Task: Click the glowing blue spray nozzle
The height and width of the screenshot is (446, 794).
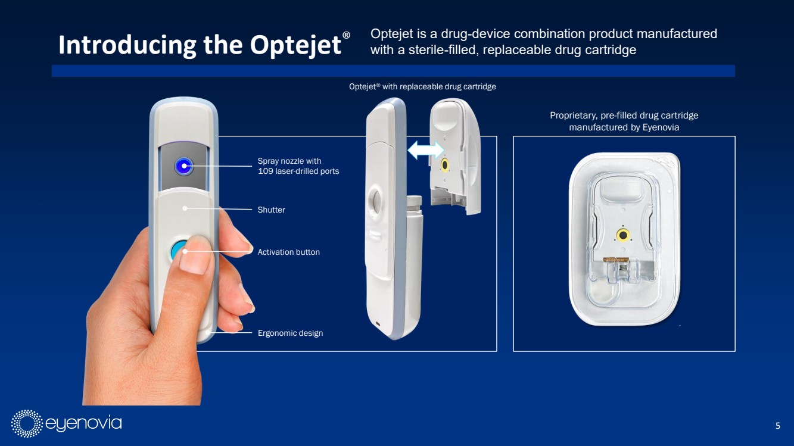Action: (183, 166)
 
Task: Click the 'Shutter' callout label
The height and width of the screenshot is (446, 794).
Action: (271, 210)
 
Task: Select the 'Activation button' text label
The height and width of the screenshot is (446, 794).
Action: (288, 252)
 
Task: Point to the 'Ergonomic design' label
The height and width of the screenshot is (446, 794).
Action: (290, 333)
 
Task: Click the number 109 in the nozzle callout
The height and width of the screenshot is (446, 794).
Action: (266, 171)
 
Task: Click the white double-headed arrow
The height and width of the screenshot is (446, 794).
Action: (425, 150)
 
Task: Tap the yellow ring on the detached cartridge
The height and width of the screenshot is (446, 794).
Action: (444, 165)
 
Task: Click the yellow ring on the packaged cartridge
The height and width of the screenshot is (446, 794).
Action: (622, 235)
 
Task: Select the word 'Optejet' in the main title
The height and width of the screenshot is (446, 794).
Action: (295, 45)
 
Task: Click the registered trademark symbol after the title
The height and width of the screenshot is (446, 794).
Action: (346, 35)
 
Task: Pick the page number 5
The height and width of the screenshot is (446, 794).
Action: (778, 425)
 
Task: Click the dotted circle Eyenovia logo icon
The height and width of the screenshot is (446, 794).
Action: (27, 423)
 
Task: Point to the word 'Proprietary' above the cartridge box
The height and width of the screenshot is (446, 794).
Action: (572, 116)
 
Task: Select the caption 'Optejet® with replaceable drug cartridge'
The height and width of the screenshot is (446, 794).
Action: (422, 86)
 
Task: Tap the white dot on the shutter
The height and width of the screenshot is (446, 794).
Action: (185, 208)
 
